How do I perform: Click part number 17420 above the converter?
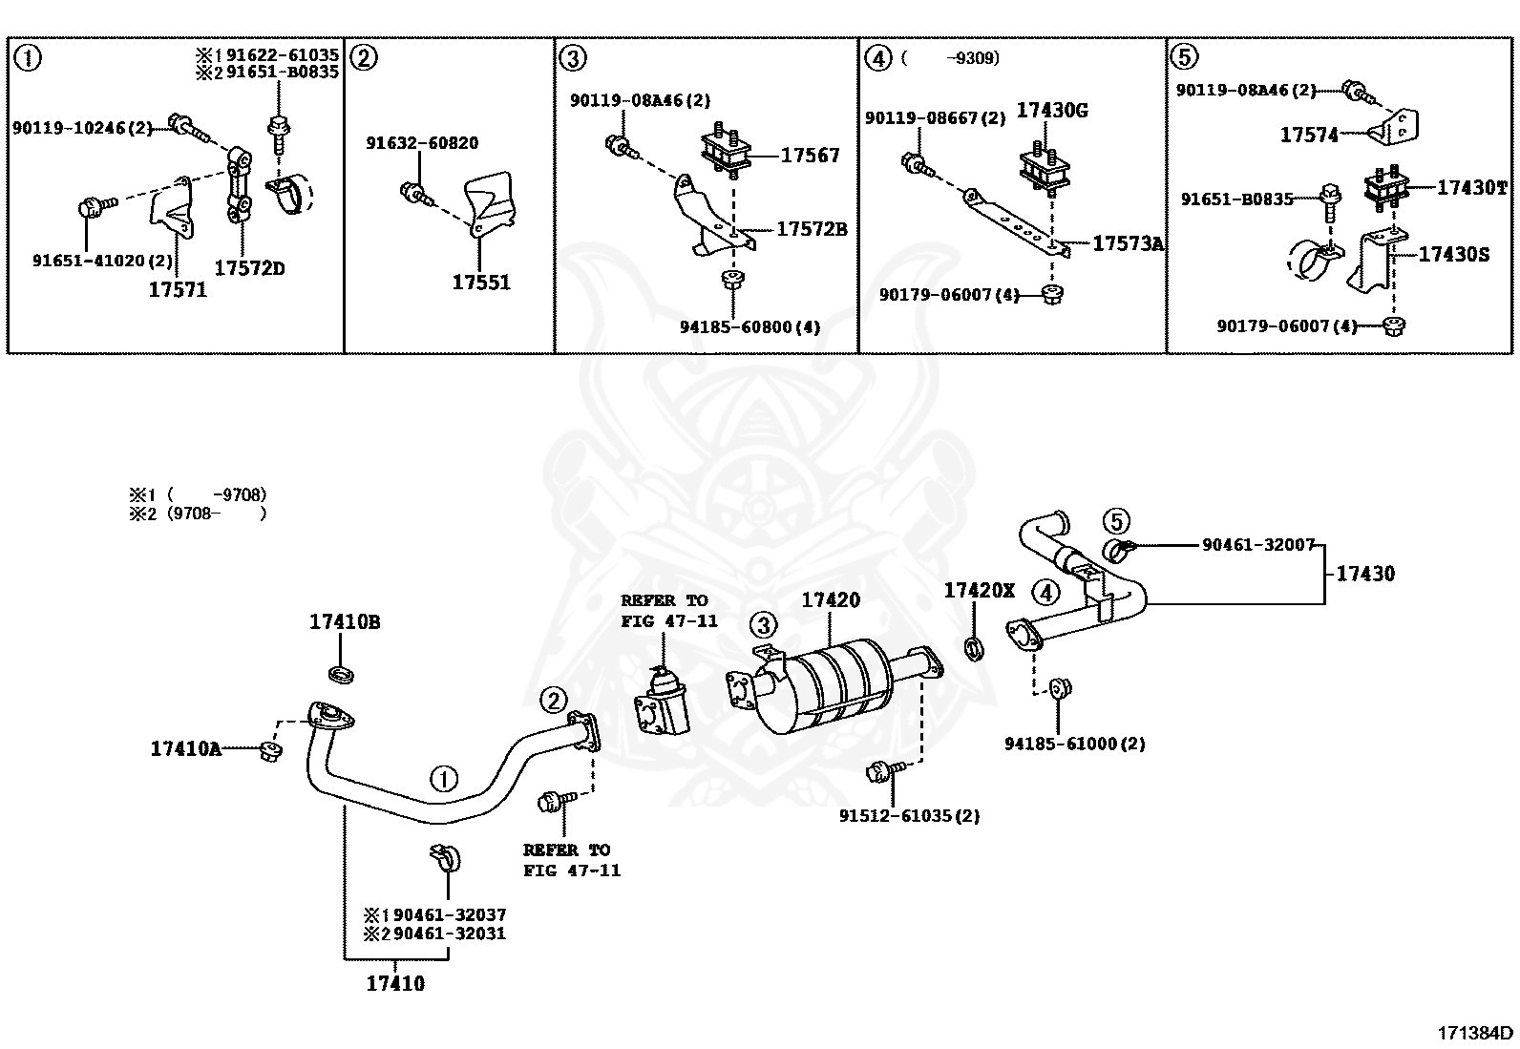830,600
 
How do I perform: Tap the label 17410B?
344,622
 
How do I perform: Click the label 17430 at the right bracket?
1364,574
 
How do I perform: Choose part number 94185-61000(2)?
1074,744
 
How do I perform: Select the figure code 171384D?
1475,1032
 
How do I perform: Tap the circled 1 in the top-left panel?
29,59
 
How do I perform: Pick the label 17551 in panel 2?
480,283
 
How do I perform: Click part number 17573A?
1128,244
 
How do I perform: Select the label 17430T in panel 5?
1471,188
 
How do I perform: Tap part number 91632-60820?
422,143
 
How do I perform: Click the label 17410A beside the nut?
185,749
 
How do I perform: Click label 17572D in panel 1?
248,268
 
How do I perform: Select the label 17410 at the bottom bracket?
394,983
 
